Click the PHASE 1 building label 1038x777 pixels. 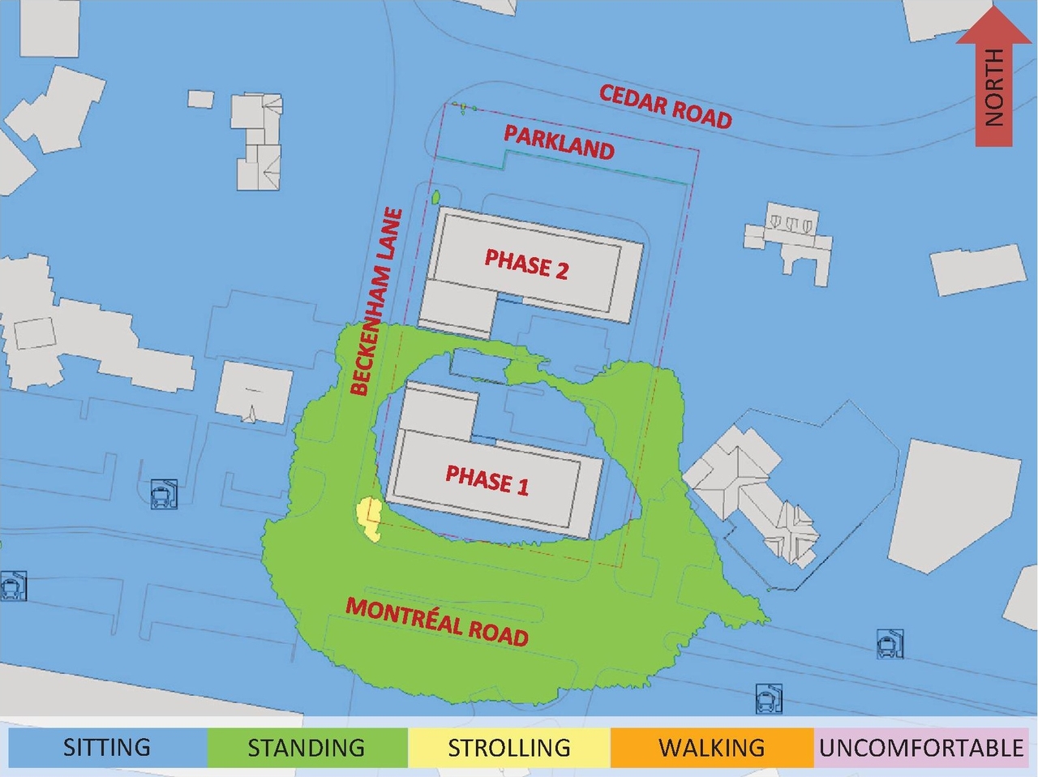click(x=487, y=480)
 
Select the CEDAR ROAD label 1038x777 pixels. click(x=665, y=106)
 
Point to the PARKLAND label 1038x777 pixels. click(x=559, y=143)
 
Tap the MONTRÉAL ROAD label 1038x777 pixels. click(x=437, y=621)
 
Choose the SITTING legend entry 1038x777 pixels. click(x=107, y=747)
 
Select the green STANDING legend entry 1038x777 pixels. click(x=307, y=747)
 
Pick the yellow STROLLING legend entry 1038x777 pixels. click(x=508, y=747)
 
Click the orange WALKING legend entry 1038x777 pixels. click(x=711, y=747)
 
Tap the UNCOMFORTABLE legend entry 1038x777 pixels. click(x=921, y=747)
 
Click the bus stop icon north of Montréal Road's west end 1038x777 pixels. click(x=163, y=493)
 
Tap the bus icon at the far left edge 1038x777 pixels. click(x=12, y=586)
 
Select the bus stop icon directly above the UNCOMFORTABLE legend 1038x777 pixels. click(x=890, y=644)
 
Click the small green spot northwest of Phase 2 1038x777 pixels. click(x=435, y=196)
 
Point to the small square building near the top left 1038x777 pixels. click(x=200, y=98)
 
